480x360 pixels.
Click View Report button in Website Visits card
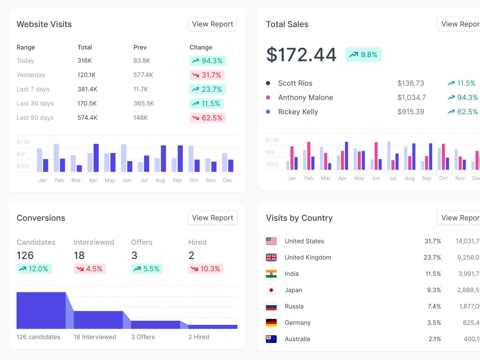[x=212, y=24]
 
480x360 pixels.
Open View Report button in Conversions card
[x=212, y=218]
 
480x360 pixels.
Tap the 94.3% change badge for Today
[x=207, y=61]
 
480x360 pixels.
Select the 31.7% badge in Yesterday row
[x=207, y=75]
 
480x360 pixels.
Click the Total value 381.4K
[x=87, y=89]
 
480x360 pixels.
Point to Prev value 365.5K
[x=144, y=103]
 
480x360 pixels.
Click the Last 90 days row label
[x=35, y=118]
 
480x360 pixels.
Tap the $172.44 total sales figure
[x=301, y=55]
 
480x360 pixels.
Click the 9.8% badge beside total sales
[x=363, y=55]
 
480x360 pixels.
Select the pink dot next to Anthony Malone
[x=268, y=97]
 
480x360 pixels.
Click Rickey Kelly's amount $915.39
[x=410, y=112]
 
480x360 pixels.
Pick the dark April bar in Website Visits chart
[x=96, y=158]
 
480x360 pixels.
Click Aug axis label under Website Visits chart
[x=160, y=180]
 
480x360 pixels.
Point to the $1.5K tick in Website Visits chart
[x=23, y=142]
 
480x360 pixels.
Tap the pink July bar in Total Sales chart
[x=393, y=165]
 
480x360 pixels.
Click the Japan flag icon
[x=271, y=290]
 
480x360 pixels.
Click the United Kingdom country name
[x=308, y=257]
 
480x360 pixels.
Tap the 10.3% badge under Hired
[x=206, y=269]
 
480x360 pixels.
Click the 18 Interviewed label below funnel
[x=95, y=337]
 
